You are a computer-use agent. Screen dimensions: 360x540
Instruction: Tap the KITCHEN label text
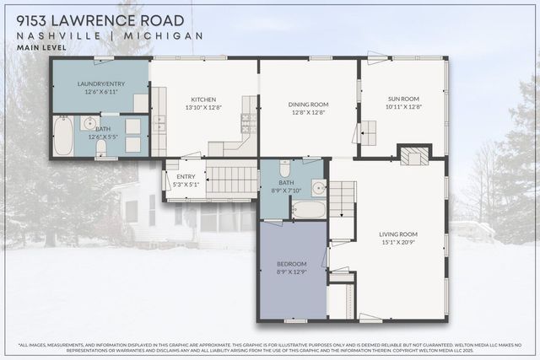(203, 99)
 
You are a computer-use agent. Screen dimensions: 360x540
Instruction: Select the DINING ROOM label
(308, 105)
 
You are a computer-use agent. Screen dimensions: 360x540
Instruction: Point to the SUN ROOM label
(402, 99)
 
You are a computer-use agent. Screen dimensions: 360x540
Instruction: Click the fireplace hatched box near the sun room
(413, 157)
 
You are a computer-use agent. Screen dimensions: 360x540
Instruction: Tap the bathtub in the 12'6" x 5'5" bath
(64, 137)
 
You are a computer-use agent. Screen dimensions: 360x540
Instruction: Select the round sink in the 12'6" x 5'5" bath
(90, 124)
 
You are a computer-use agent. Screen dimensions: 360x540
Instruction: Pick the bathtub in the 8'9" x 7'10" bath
(308, 208)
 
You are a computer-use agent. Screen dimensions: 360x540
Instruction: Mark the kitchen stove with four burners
(249, 123)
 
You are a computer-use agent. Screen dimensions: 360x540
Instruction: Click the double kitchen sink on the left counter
(159, 124)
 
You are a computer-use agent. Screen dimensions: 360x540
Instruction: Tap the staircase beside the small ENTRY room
(232, 180)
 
